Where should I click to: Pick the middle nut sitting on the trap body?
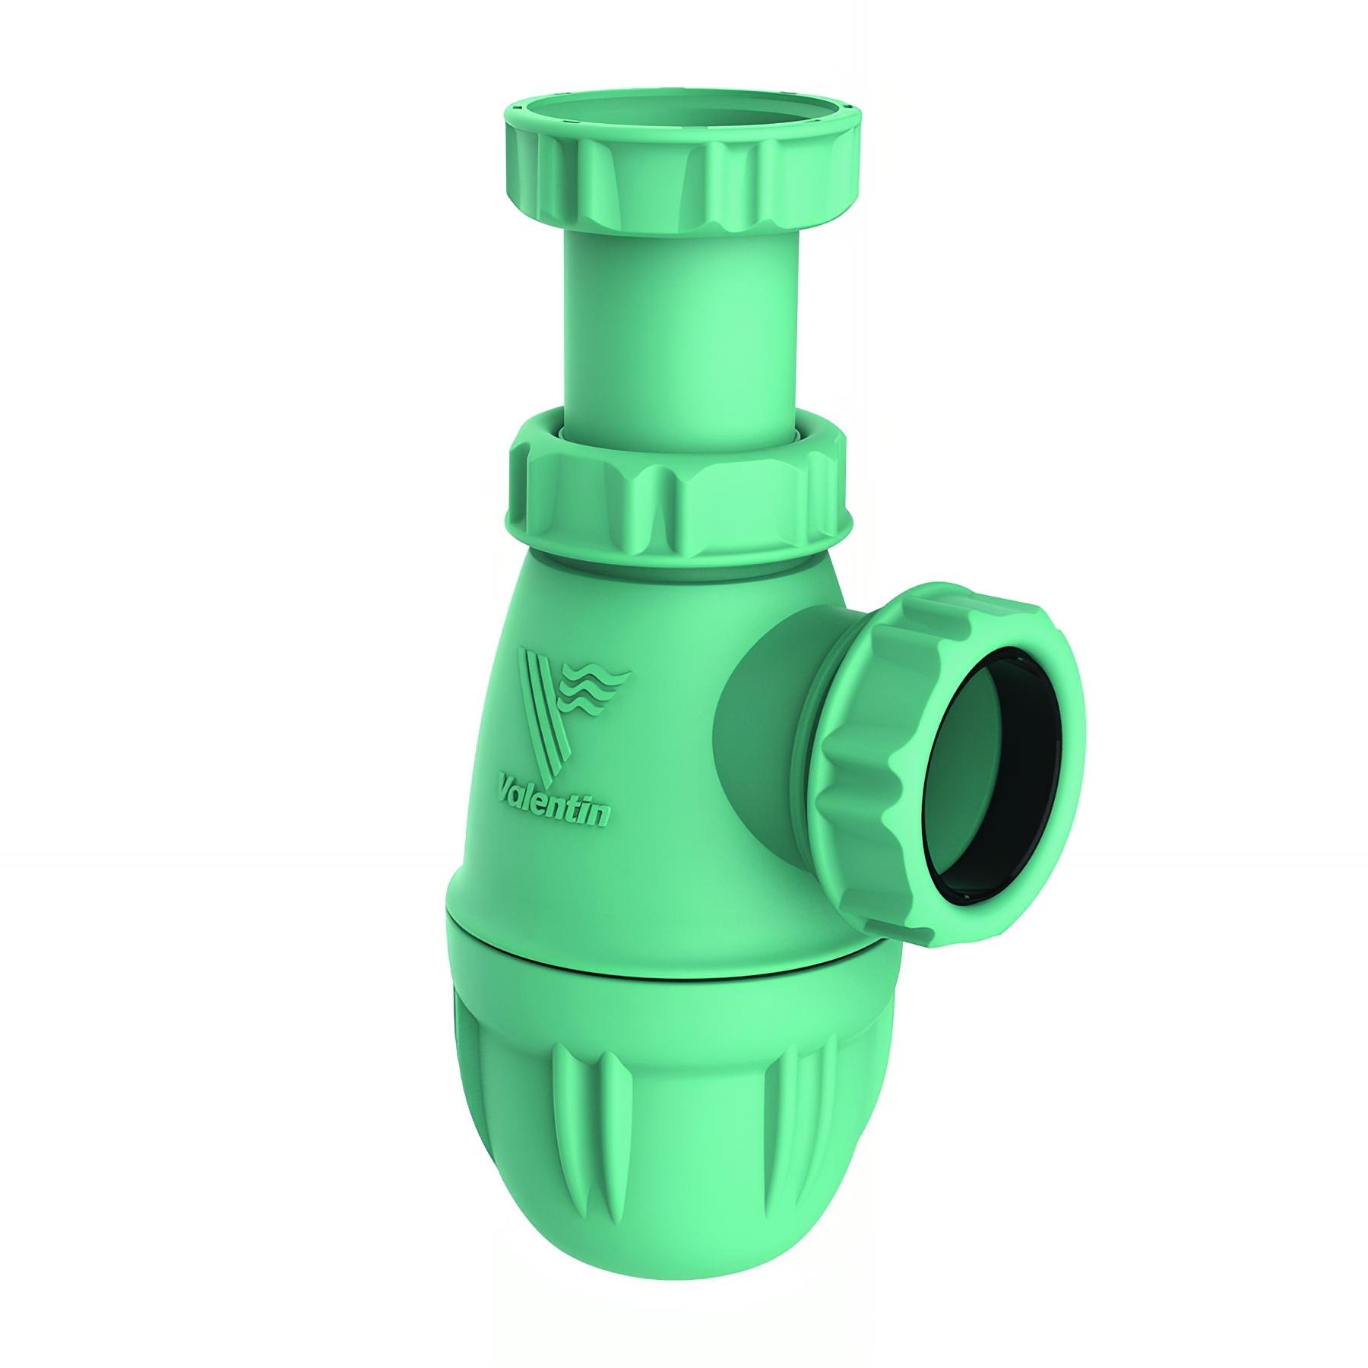[x=676, y=502]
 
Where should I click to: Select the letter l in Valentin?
[x=532, y=793]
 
